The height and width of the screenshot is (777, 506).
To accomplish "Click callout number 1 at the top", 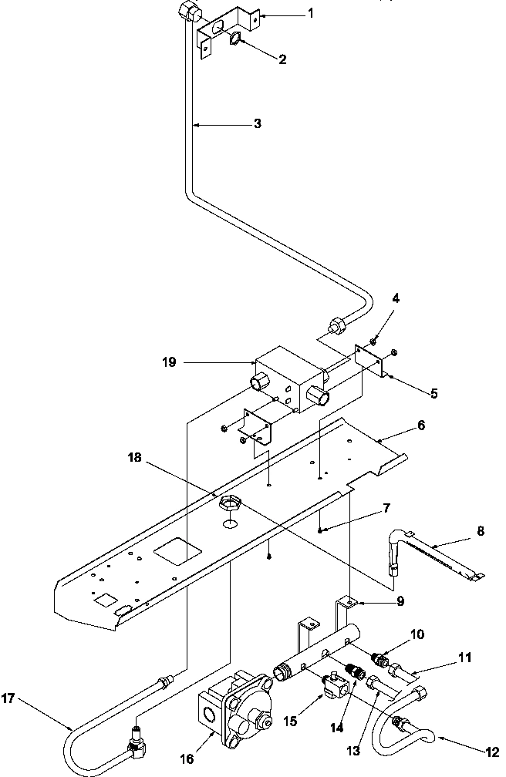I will (311, 15).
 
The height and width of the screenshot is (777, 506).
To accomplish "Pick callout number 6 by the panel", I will (420, 425).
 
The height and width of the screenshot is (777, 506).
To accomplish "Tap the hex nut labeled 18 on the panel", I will (229, 505).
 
